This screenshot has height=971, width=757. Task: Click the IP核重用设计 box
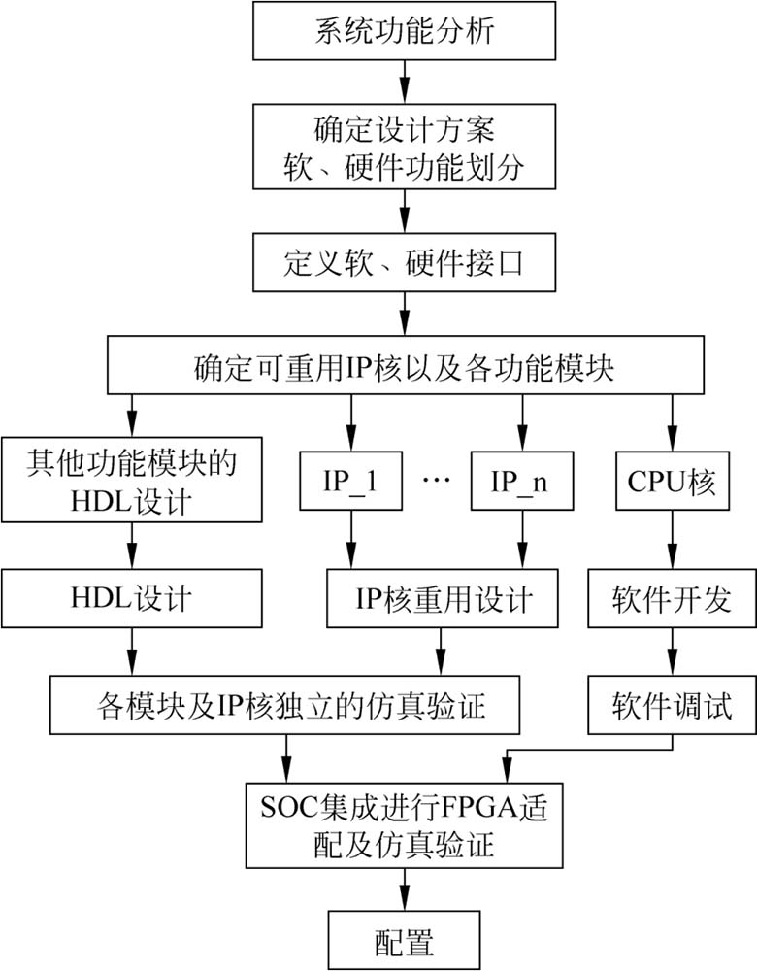pos(444,597)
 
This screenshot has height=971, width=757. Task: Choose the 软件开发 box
pos(671,597)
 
